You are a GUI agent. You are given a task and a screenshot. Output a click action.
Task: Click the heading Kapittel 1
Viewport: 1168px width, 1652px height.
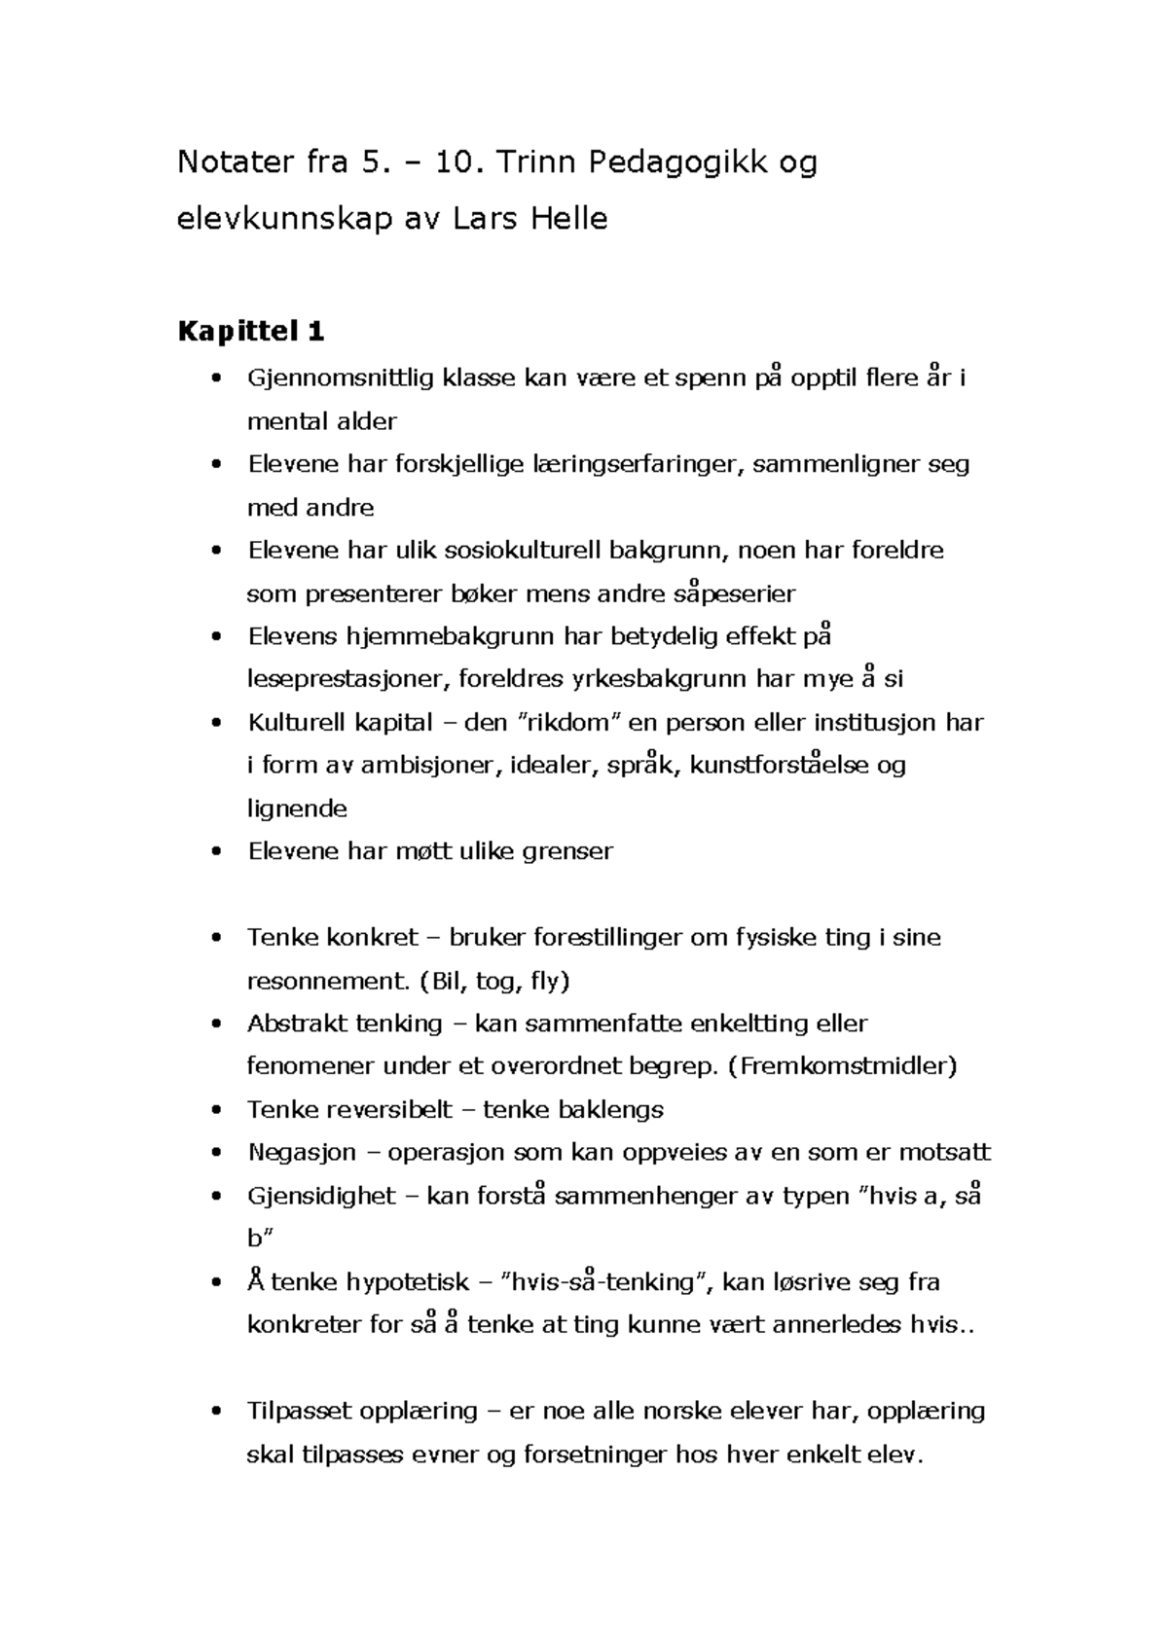click(x=250, y=333)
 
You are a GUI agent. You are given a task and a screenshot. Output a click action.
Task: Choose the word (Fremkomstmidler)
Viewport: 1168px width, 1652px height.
click(x=842, y=1066)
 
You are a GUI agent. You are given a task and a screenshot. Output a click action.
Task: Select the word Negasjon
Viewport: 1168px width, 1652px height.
click(x=302, y=1153)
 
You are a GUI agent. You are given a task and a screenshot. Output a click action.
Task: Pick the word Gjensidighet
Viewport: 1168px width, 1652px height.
click(x=321, y=1196)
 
